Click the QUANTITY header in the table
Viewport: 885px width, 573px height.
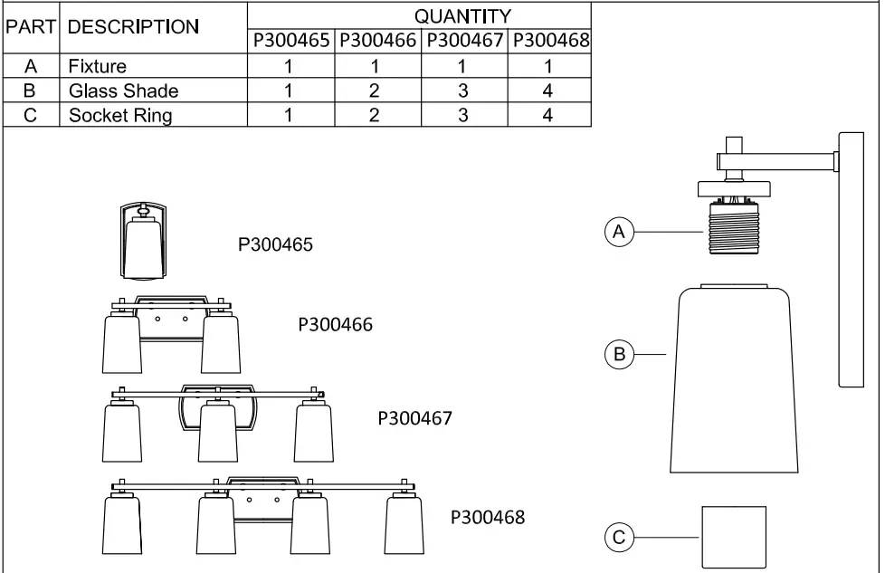[x=462, y=15]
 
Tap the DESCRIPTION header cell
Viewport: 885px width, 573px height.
[x=133, y=27]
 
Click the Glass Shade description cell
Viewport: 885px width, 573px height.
[x=123, y=91]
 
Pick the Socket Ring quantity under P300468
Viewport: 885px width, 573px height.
[x=547, y=115]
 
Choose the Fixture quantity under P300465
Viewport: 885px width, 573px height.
[x=289, y=66]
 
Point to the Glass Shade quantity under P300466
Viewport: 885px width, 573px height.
[x=375, y=91]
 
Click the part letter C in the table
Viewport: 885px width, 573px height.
[x=31, y=115]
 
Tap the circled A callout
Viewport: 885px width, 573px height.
[x=619, y=233]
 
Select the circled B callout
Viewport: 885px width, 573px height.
[x=619, y=354]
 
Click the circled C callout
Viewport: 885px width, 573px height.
[x=619, y=538]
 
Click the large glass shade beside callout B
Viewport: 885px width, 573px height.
[x=733, y=380]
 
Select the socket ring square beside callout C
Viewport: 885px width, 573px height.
[x=734, y=538]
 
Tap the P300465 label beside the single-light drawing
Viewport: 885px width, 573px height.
[x=275, y=245]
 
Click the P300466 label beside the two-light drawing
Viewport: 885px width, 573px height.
[x=335, y=324]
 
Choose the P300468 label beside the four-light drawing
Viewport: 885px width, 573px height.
[x=487, y=518]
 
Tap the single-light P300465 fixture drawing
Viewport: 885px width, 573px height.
[x=145, y=242]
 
